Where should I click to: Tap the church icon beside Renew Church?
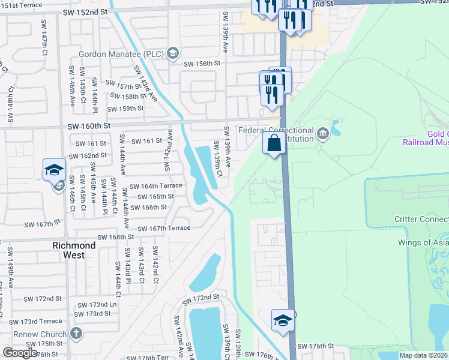(76, 333)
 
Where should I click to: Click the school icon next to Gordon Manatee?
(172, 53)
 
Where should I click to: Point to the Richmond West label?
(74, 246)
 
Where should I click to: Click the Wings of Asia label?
(423, 243)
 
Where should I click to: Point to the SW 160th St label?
(89, 126)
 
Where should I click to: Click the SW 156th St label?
(202, 64)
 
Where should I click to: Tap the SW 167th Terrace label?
(164, 228)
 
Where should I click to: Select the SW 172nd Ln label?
(96, 305)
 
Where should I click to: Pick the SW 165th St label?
(155, 196)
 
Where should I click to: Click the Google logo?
(20, 353)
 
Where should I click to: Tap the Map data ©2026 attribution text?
(423, 355)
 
